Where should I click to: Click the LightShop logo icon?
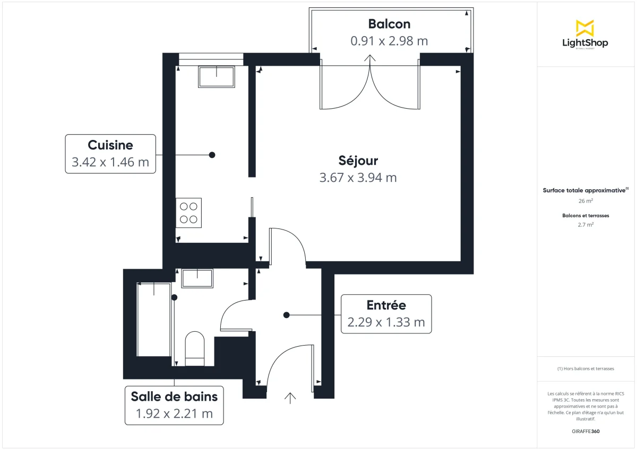point(585,28)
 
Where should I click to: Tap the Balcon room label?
point(389,24)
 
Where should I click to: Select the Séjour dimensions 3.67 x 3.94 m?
point(358,178)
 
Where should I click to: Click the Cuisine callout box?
point(110,154)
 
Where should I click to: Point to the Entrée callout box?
point(386,314)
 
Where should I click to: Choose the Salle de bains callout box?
point(174,405)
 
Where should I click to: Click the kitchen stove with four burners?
point(188,213)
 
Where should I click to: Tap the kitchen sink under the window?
point(217,77)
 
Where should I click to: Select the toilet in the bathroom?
point(195,349)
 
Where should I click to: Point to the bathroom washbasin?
point(197,278)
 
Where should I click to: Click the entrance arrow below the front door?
point(290,398)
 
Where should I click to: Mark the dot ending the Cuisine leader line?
point(212,155)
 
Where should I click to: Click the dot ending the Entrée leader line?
point(286,315)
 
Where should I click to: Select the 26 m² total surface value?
point(586,201)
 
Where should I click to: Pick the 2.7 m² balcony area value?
point(586,225)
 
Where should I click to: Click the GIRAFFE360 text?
point(586,431)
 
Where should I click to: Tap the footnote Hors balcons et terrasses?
point(586,368)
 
